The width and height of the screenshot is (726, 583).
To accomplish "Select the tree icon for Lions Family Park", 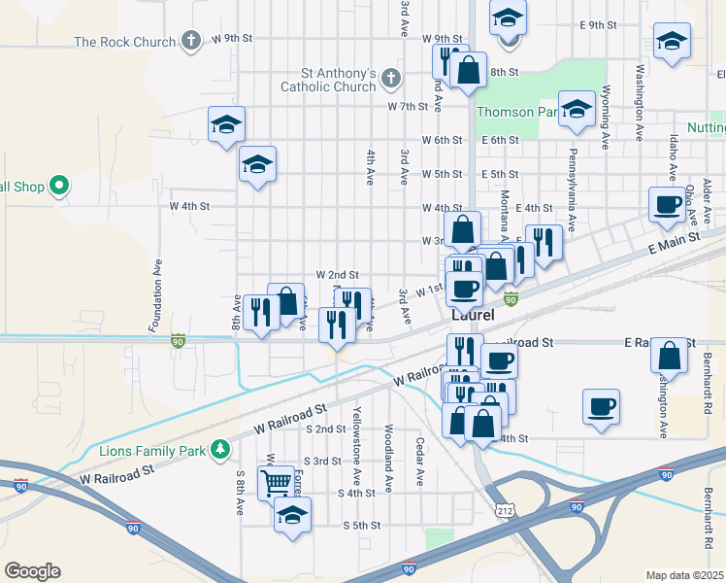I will pos(221,449).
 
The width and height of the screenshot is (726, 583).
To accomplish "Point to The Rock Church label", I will pos(125,42).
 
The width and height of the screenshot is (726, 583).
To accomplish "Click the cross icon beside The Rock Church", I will pos(191,41).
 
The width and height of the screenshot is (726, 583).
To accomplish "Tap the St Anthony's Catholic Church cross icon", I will pos(390,77).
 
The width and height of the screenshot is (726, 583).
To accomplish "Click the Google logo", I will pos(32,570).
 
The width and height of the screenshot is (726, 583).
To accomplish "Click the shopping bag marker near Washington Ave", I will pos(670,356).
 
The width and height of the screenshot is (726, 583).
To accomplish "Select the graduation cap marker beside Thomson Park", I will pos(577,110).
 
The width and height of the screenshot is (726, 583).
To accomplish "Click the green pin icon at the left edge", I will pos(58,185).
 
